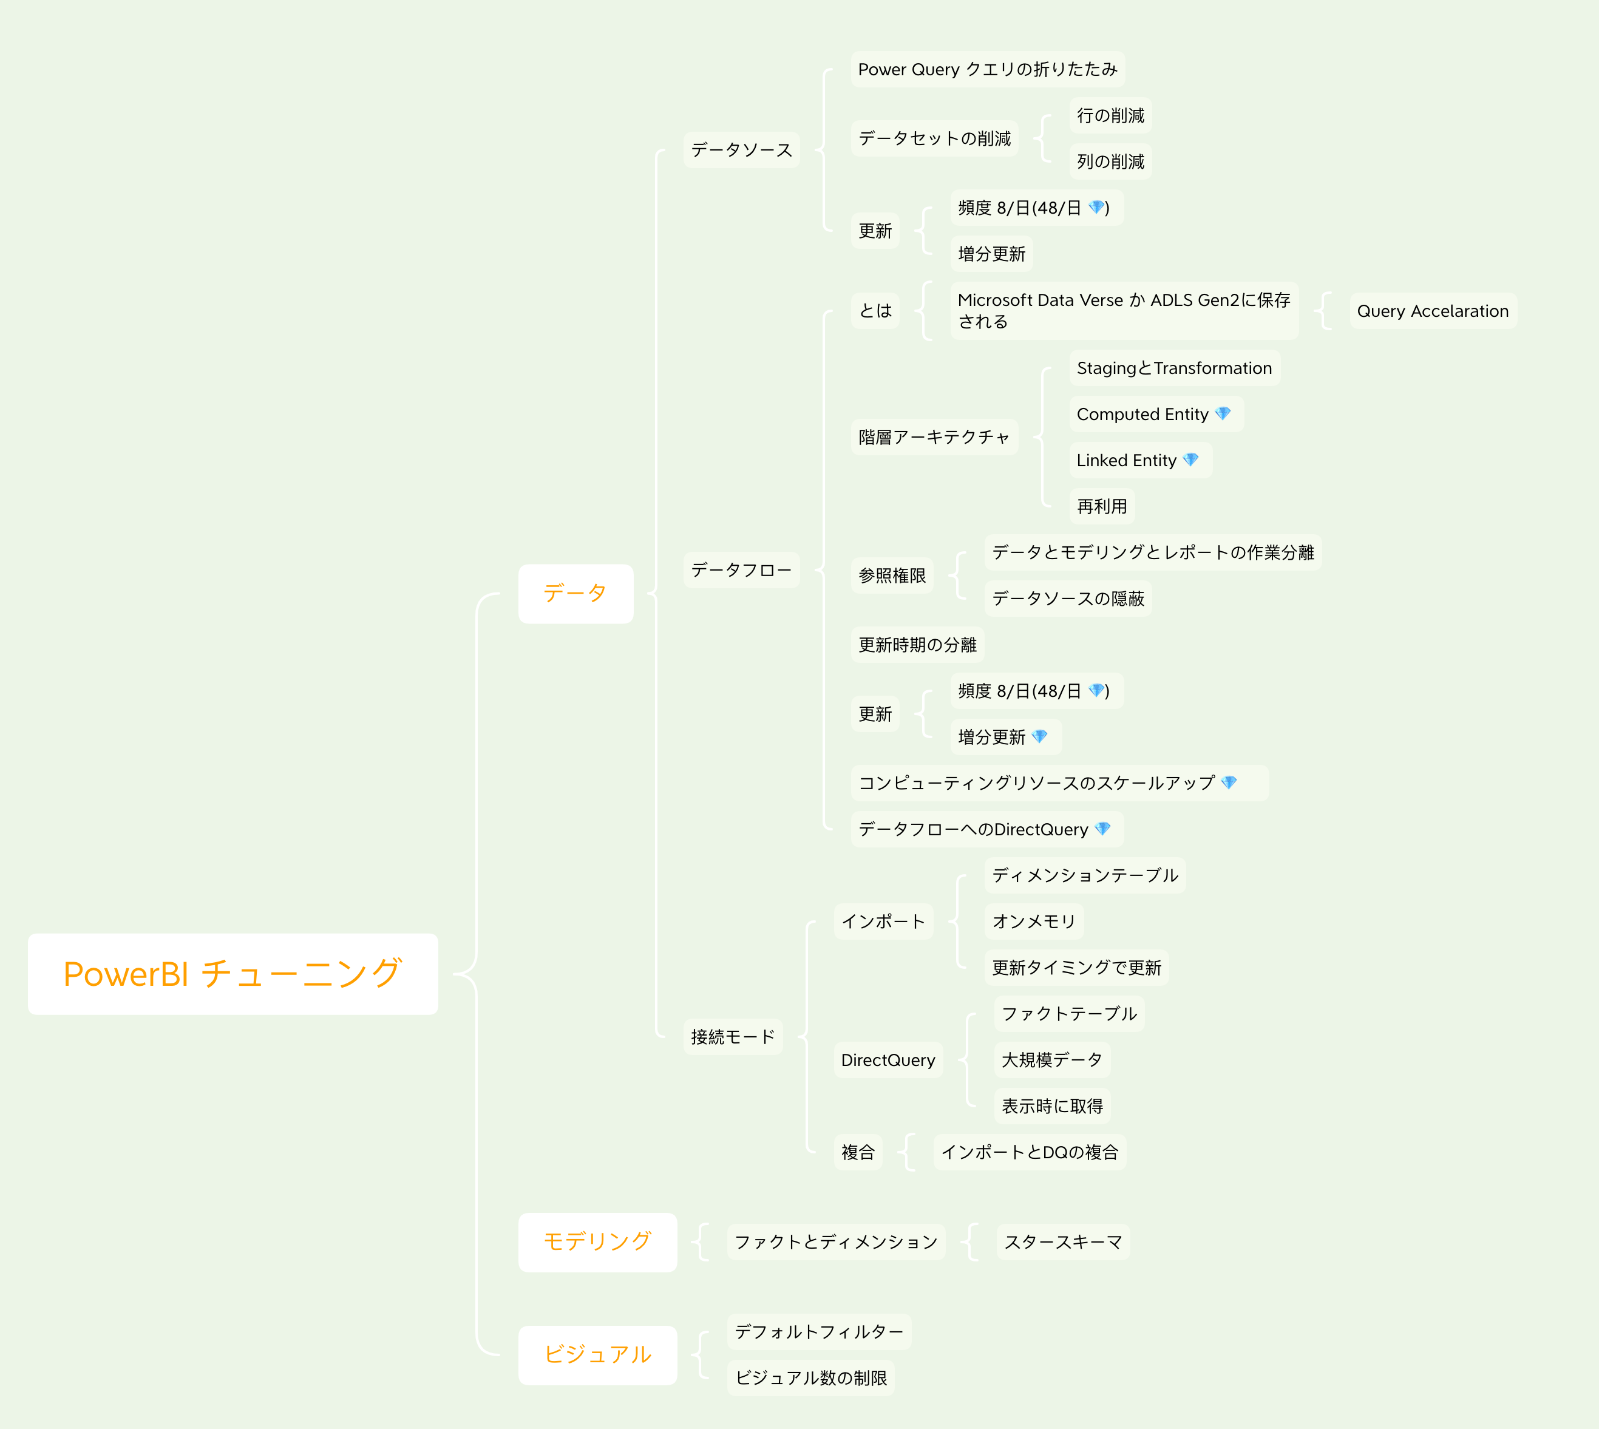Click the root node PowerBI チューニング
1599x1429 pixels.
(233, 974)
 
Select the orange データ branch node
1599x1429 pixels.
(575, 594)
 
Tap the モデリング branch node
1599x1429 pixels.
(597, 1242)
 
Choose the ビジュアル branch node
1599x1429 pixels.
(597, 1355)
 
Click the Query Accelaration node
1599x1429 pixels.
(1433, 311)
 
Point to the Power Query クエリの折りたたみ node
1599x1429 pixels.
(986, 69)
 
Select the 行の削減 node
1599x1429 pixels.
(1110, 115)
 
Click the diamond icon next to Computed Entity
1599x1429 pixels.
(1223, 414)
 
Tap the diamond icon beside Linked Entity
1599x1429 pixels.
(1191, 460)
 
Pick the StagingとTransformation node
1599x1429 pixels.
(1173, 368)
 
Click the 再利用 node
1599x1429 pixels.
(1101, 506)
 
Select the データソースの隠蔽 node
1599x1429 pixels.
(1068, 599)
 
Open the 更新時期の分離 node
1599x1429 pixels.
(917, 645)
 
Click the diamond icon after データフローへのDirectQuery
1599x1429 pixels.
(1103, 829)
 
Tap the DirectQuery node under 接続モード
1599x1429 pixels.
(888, 1060)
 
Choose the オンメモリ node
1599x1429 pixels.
(1033, 922)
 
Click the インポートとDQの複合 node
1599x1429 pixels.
(1029, 1152)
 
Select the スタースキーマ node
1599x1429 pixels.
(1063, 1242)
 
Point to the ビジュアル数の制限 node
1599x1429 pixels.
(810, 1378)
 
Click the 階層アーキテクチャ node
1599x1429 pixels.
(933, 437)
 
